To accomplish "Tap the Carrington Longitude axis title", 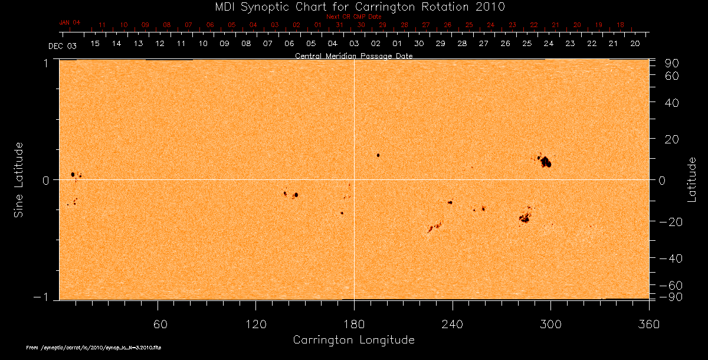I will tap(353, 340).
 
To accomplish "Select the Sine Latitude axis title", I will tap(19, 179).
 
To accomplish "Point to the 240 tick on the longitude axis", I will tap(453, 324).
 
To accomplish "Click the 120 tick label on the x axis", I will tap(255, 324).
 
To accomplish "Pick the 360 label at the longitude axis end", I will tap(648, 324).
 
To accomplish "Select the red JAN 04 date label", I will tap(69, 22).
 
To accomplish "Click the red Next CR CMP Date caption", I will tap(353, 17).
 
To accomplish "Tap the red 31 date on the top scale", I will tap(339, 25).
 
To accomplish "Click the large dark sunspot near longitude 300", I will tap(546, 162).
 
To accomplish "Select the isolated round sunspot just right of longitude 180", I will tap(378, 155).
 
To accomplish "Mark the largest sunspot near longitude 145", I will tap(296, 195).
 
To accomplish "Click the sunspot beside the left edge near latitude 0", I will tap(73, 175).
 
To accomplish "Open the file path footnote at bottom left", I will tap(94, 348).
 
